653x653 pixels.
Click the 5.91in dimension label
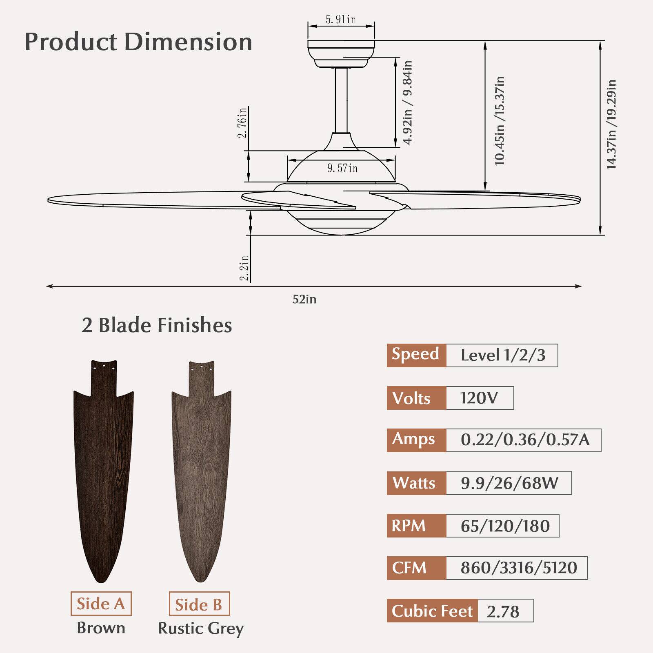pos(340,20)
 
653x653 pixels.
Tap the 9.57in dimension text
pos(342,168)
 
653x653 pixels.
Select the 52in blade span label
pos(304,300)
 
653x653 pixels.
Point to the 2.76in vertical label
pos(243,122)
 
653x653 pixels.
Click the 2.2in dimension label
pos(244,268)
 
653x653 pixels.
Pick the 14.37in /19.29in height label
pos(611,124)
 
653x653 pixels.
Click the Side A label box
pos(101,604)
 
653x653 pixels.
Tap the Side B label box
pos(199,604)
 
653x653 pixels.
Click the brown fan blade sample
pos(103,469)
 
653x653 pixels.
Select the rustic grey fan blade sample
pos(201,469)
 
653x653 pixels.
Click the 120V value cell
pos(479,398)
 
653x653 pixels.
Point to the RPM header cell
pos(416,526)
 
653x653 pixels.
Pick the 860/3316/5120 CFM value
pos(518,568)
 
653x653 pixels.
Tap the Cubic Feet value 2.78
pos(503,611)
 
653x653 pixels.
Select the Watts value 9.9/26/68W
pos(509,483)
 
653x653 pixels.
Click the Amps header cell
pos(416,440)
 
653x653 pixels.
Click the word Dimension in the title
pos(188,42)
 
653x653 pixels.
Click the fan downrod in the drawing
pos(341,100)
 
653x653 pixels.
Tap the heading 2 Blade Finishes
pos(157,326)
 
